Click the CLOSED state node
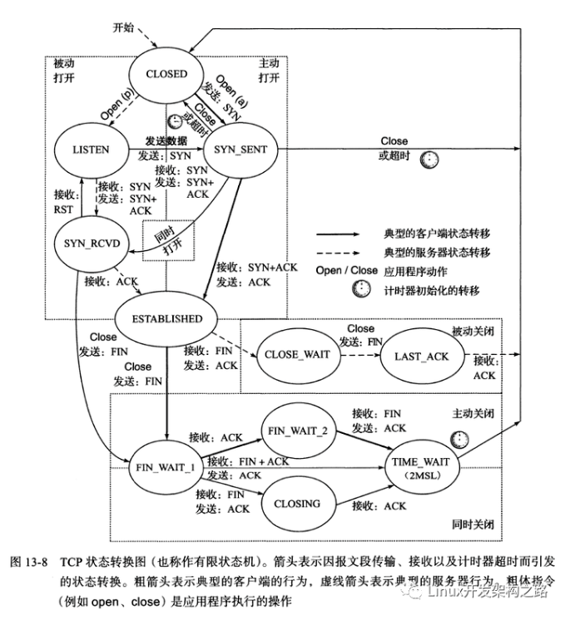point(166,73)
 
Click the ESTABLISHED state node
point(167,318)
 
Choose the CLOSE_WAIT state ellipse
point(296,355)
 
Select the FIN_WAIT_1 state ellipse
point(165,466)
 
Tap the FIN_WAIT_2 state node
point(296,431)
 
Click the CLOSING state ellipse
point(296,504)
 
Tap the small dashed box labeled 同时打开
point(161,241)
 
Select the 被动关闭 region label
point(473,331)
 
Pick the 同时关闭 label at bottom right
point(473,526)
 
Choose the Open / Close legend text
point(345,271)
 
